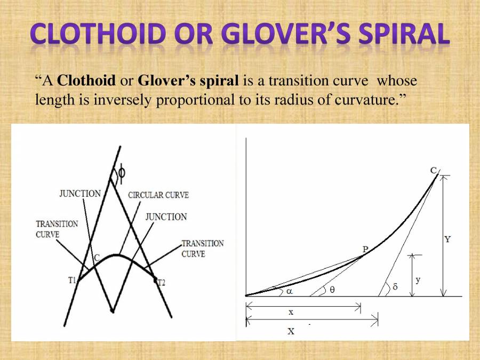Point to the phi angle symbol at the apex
[x=122, y=172]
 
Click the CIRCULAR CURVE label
[x=158, y=195]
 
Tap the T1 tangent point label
[x=71, y=281]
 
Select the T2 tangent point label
[x=161, y=283]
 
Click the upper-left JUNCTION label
[x=79, y=194]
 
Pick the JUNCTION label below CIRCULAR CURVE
[x=166, y=217]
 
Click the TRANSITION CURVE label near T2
[x=203, y=249]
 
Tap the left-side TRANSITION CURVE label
[x=57, y=229]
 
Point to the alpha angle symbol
[x=289, y=292]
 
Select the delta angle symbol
[x=395, y=287]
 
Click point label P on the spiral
[x=365, y=249]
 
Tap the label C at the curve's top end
[x=434, y=171]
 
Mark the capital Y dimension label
[x=447, y=240]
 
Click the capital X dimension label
[x=291, y=331]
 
